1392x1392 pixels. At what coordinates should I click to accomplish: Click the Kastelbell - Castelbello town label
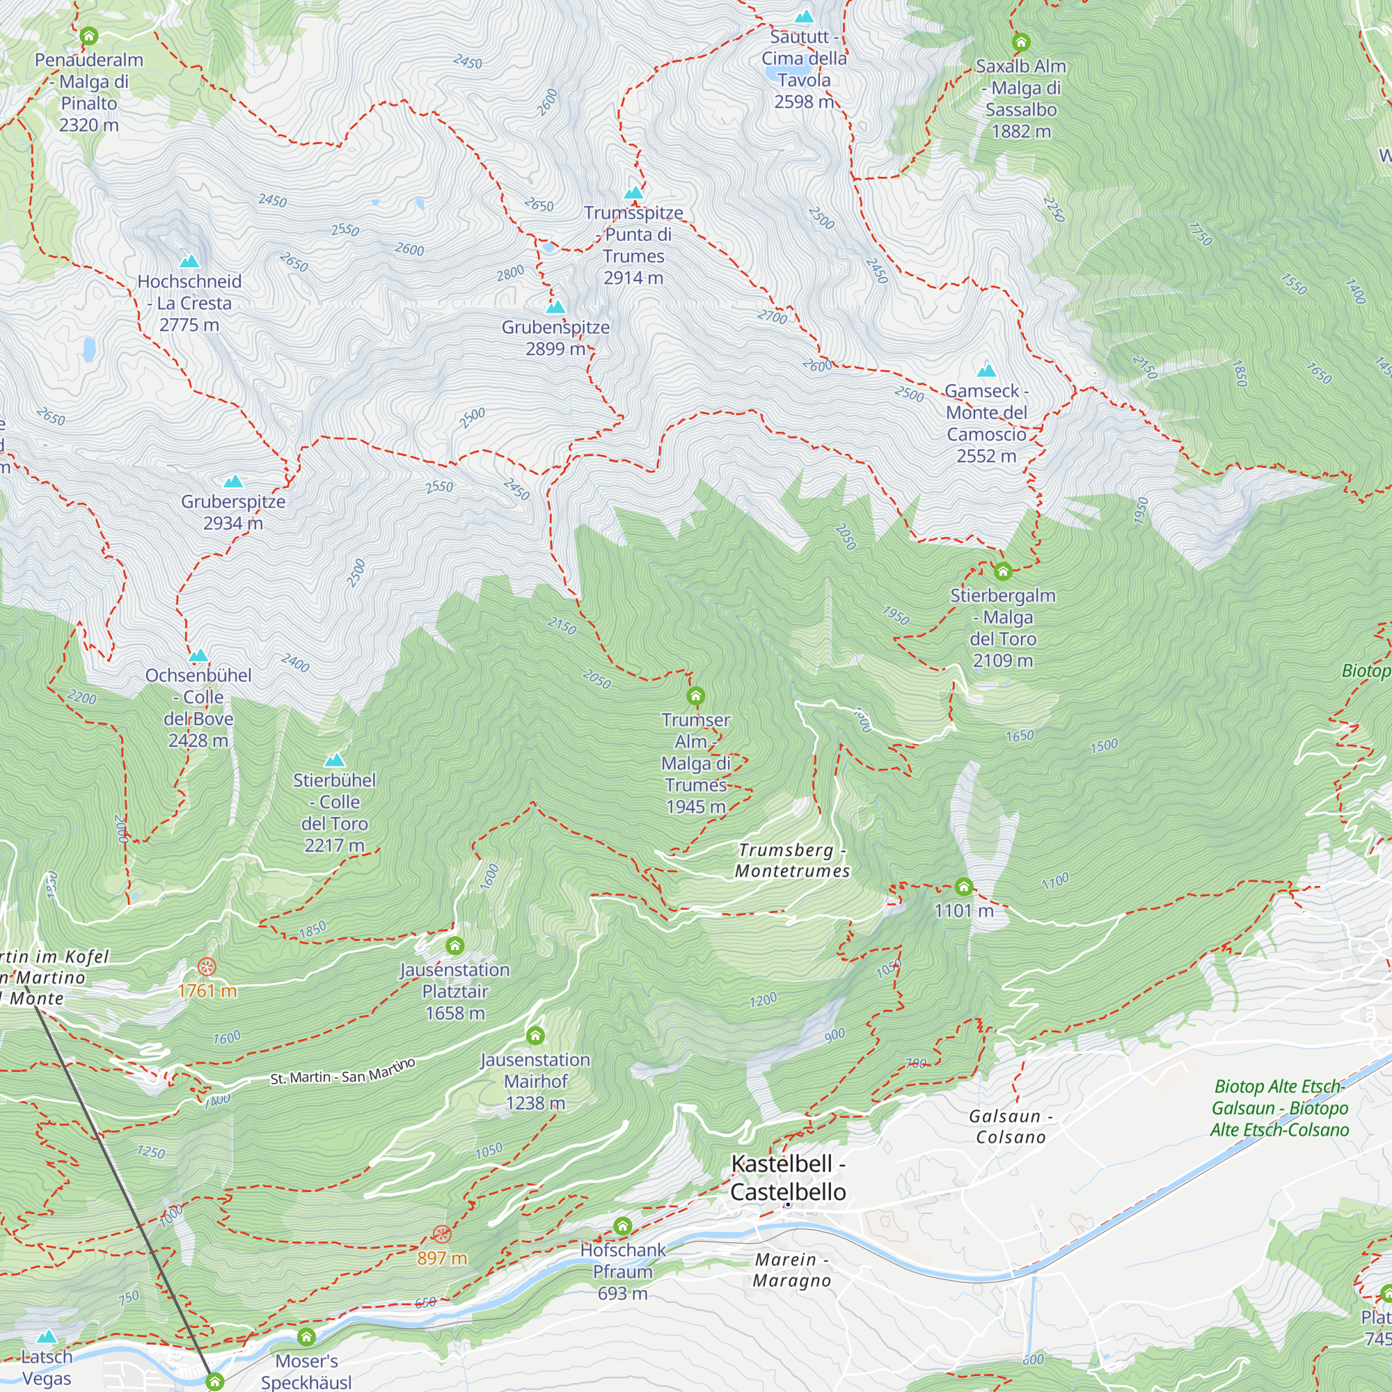789,1178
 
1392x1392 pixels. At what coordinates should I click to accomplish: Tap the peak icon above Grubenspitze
555,308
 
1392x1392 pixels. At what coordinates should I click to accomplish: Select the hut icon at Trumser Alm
695,696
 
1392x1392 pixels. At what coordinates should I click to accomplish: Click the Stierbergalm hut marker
1003,572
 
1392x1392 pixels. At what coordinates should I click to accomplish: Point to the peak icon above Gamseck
986,371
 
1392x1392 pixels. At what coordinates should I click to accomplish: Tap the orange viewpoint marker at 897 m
442,1234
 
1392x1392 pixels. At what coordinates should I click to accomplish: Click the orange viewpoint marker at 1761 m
207,967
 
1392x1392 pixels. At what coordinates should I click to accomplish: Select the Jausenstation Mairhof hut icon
535,1036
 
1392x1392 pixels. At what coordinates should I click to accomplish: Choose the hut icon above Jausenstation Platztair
454,945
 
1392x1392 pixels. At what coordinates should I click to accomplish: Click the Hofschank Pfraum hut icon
622,1226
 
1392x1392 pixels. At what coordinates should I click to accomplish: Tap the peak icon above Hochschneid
189,262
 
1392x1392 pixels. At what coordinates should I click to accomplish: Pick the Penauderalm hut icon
88,35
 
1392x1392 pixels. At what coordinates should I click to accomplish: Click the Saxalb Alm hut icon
1020,42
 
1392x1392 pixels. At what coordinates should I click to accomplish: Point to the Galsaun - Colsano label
1010,1126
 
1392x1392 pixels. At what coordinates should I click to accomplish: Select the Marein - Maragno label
791,1270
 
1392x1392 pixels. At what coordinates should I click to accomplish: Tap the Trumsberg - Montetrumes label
792,860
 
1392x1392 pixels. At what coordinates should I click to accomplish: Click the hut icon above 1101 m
963,886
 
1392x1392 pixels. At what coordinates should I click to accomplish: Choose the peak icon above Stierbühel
334,760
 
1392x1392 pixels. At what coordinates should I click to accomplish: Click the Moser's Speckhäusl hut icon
306,1337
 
